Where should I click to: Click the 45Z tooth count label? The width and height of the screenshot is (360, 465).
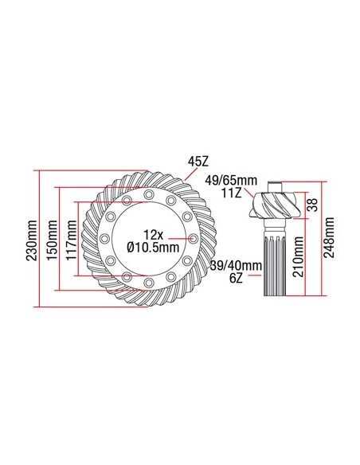(198, 161)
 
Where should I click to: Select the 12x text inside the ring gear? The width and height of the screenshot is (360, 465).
(153, 233)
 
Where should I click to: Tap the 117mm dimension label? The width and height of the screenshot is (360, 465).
(71, 239)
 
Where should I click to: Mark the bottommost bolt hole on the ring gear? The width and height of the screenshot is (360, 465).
(149, 283)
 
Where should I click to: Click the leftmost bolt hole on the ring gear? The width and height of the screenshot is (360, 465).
(104, 239)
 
